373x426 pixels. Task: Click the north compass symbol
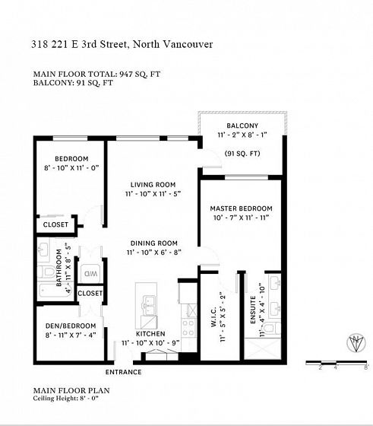356,342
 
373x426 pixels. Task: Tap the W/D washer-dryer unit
91,273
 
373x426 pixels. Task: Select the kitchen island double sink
149,306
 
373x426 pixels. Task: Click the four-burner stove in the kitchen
188,328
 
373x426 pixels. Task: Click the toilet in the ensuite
272,328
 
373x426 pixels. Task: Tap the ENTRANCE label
123,372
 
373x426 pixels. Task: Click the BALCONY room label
242,126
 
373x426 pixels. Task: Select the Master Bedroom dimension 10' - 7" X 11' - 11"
241,218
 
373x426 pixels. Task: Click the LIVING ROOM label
153,185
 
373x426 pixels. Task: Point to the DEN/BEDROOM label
71,326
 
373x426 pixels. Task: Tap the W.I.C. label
213,316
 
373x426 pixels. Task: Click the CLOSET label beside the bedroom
55,224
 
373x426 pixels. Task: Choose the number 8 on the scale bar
366,367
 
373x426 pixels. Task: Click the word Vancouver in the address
187,44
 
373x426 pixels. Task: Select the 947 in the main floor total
126,74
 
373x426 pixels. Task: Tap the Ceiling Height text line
65,399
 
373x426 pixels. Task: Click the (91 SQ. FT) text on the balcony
242,154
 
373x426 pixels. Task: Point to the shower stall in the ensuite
262,348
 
